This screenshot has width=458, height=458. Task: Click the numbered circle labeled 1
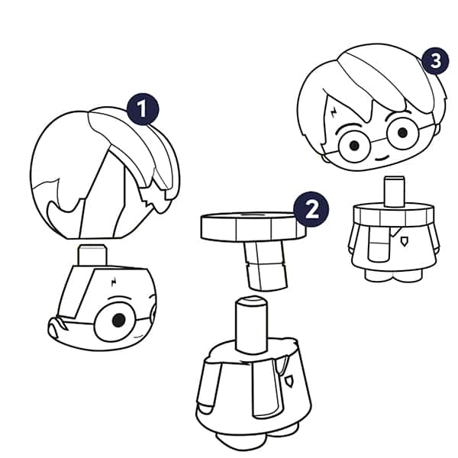(x=143, y=109)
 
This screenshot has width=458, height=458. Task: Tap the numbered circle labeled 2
(x=311, y=209)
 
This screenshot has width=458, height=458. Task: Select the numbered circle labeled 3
(x=436, y=61)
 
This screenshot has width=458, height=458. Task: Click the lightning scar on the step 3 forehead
(x=334, y=112)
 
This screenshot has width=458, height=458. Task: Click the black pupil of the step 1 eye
(x=119, y=320)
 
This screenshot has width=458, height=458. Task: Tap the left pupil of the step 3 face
(x=354, y=145)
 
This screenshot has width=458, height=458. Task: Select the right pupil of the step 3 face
(x=402, y=133)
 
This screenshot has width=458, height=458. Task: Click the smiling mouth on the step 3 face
(x=382, y=158)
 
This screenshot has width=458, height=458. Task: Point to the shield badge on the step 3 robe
(x=404, y=241)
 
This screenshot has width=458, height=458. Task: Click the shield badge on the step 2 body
(x=289, y=381)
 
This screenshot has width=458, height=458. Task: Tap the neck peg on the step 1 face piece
(x=92, y=256)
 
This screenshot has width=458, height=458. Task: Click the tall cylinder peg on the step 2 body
(x=251, y=325)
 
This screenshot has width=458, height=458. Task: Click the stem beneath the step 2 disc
(x=265, y=266)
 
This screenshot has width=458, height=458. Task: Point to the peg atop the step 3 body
(x=395, y=191)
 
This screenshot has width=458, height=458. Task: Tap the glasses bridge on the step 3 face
(x=379, y=140)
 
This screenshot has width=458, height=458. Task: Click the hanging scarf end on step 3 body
(x=379, y=244)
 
